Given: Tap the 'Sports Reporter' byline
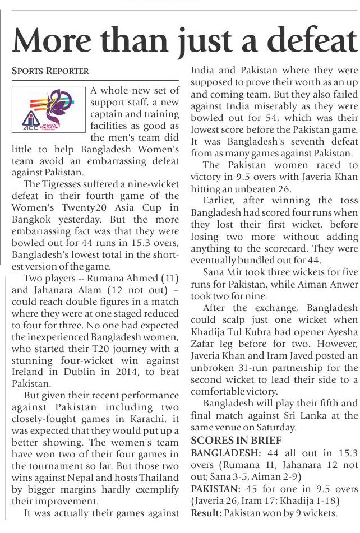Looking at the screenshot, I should click(x=50, y=71).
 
